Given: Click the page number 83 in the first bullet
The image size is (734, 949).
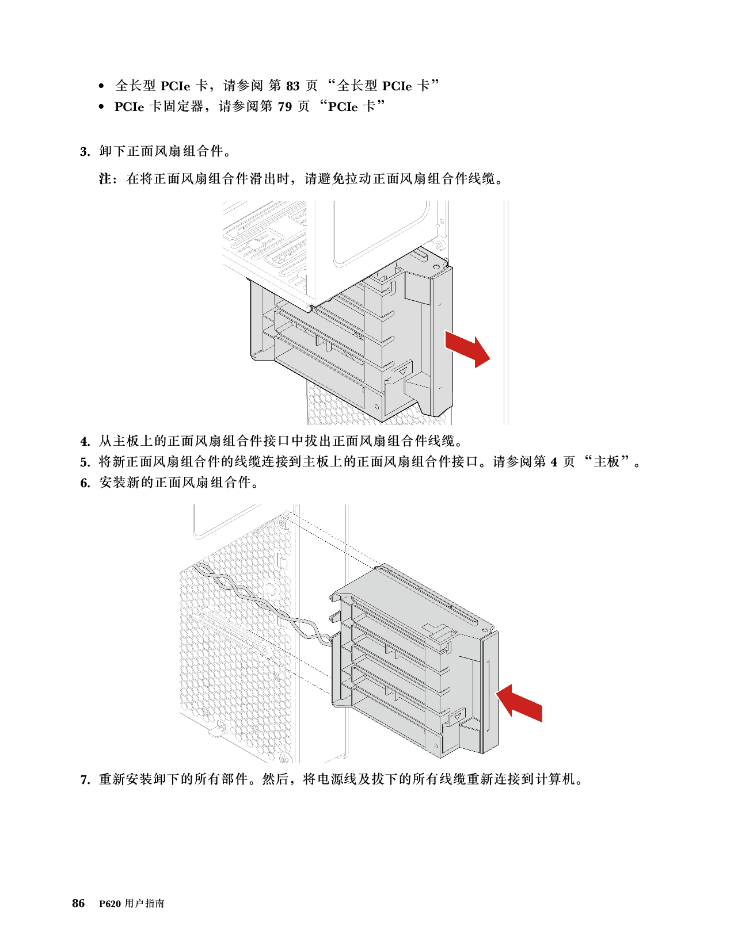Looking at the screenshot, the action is click(x=293, y=86).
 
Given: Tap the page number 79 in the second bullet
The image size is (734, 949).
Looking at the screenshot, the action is click(x=284, y=106).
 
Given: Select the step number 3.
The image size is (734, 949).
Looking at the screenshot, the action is click(x=85, y=152).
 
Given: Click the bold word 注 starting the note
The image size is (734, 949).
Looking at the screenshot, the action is click(x=104, y=179).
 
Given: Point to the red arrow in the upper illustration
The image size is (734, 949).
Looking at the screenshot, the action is click(x=467, y=349).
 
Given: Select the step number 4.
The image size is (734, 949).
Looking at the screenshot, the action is click(x=85, y=442).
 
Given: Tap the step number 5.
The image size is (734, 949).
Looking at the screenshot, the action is click(x=85, y=462).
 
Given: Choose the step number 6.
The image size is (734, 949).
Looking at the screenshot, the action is click(x=85, y=483).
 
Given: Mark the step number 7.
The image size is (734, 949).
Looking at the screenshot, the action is click(x=85, y=779).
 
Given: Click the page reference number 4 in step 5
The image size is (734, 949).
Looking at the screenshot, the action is click(x=554, y=462).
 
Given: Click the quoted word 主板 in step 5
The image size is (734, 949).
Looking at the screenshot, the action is click(x=607, y=462).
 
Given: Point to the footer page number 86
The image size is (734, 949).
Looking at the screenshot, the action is click(x=78, y=903).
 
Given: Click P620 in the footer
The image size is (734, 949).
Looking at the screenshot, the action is click(x=110, y=904).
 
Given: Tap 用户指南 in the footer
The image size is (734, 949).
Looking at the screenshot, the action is click(x=144, y=903).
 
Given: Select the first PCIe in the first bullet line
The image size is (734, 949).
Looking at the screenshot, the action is click(x=176, y=86).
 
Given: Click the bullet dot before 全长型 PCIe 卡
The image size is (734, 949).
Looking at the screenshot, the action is click(x=101, y=86).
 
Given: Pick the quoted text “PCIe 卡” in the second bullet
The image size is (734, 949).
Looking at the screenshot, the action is click(x=352, y=106).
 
